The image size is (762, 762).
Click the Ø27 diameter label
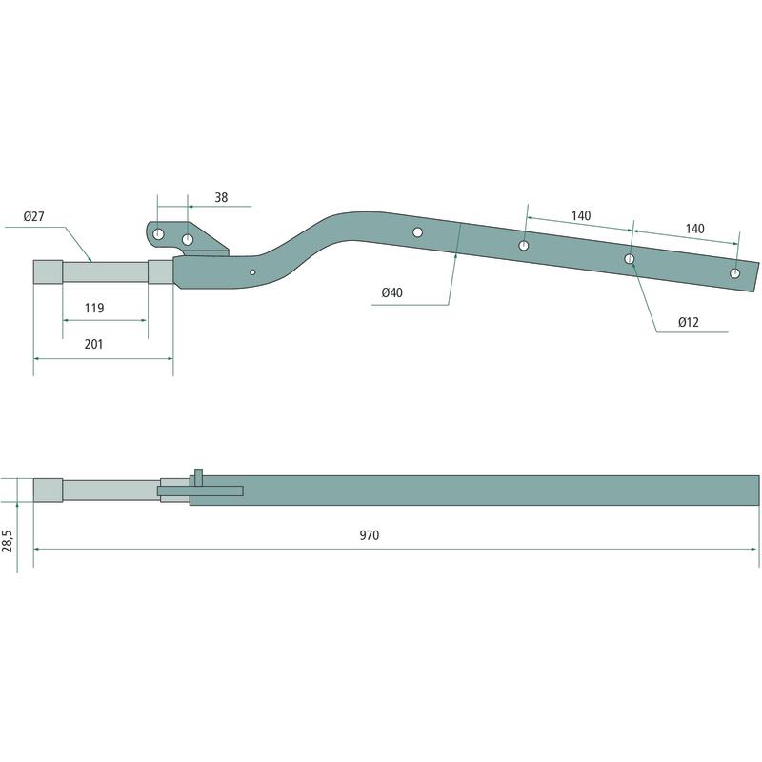pos(33,216)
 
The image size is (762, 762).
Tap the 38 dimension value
pos(221,197)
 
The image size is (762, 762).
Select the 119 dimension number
pos(93,308)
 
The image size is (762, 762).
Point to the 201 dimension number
pos(93,344)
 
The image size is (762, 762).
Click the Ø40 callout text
pos(391,292)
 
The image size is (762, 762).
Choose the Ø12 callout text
pos(688,322)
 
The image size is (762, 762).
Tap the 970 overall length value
pos(370,535)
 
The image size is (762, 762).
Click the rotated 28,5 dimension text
pos(8,541)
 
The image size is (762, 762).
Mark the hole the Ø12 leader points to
pos(630,259)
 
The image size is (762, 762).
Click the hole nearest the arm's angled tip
pos(734,273)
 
